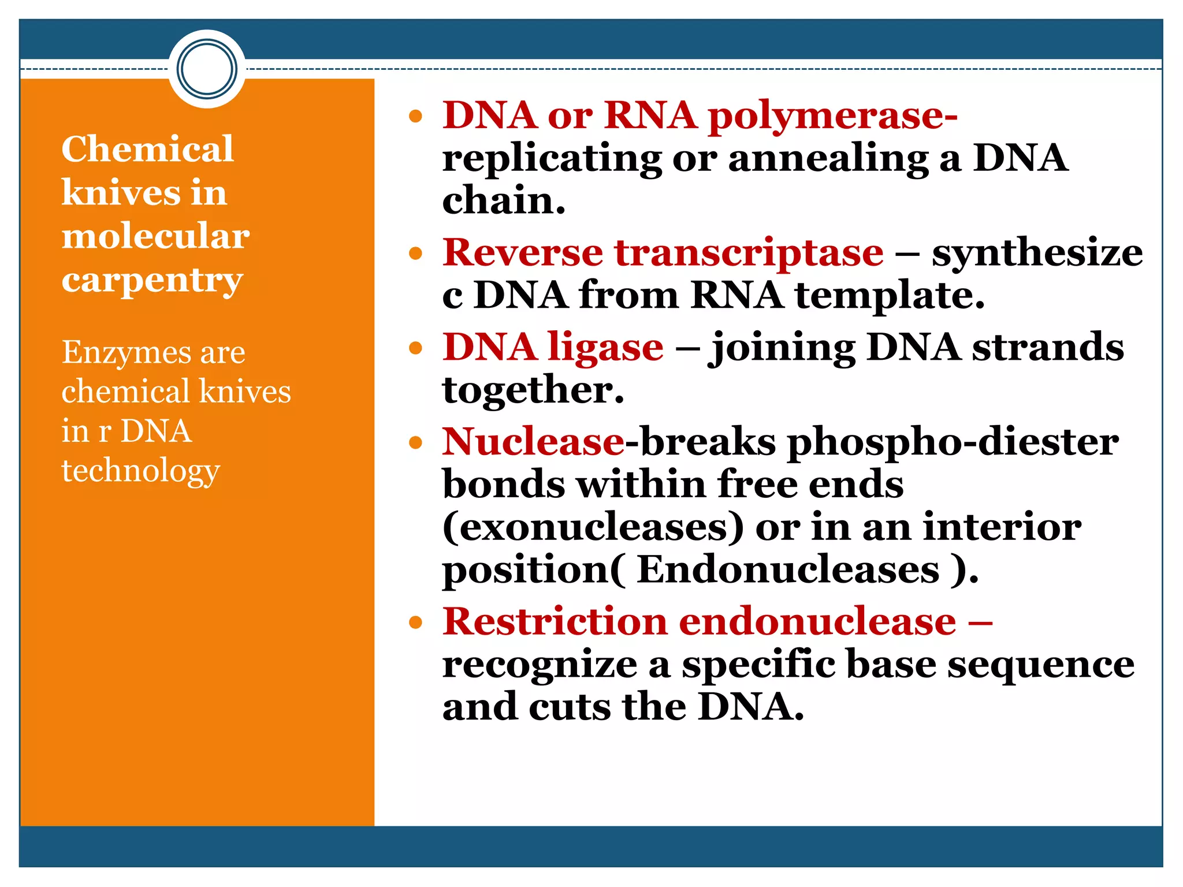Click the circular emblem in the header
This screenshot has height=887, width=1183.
[207, 69]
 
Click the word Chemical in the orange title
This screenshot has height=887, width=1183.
[147, 149]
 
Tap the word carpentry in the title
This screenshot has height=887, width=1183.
[152, 281]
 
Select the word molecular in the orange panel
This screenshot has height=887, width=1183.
[155, 236]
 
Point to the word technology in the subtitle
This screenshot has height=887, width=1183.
[140, 471]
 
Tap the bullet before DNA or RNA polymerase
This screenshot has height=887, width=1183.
[415, 117]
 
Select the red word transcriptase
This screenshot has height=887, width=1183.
[749, 252]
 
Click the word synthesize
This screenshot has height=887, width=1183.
[1037, 254]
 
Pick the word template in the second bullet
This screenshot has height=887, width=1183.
[889, 296]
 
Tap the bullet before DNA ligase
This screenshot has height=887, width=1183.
[415, 348]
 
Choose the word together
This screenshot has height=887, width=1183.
[533, 390]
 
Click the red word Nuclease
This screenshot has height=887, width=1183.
[533, 442]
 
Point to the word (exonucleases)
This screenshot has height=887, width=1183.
[593, 527]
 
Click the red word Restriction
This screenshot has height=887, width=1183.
[555, 622]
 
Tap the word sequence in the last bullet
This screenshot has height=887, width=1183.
[1040, 665]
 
